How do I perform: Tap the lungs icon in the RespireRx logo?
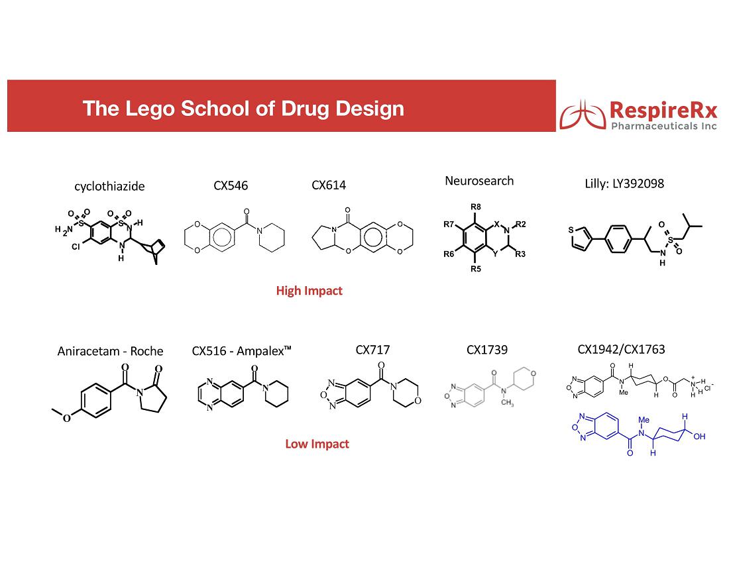(x=583, y=115)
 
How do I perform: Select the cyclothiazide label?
(x=110, y=186)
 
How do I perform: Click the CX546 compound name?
(x=231, y=186)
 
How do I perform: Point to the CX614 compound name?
(x=329, y=185)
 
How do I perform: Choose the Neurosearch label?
(x=479, y=181)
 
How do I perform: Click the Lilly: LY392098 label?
(x=624, y=183)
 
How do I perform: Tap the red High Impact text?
(x=309, y=291)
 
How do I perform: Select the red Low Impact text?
(x=317, y=444)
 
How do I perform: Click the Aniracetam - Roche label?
(x=110, y=351)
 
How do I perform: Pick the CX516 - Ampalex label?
(x=241, y=350)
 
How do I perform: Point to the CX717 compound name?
(x=372, y=350)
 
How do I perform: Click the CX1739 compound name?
(x=487, y=350)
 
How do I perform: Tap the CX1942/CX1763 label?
(x=621, y=349)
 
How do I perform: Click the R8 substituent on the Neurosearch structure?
(x=476, y=207)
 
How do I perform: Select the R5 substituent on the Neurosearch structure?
(x=476, y=269)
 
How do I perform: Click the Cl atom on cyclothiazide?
(x=76, y=246)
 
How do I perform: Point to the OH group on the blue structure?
(x=699, y=436)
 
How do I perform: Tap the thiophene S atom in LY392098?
(x=571, y=230)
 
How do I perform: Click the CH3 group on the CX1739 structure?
(x=507, y=403)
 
